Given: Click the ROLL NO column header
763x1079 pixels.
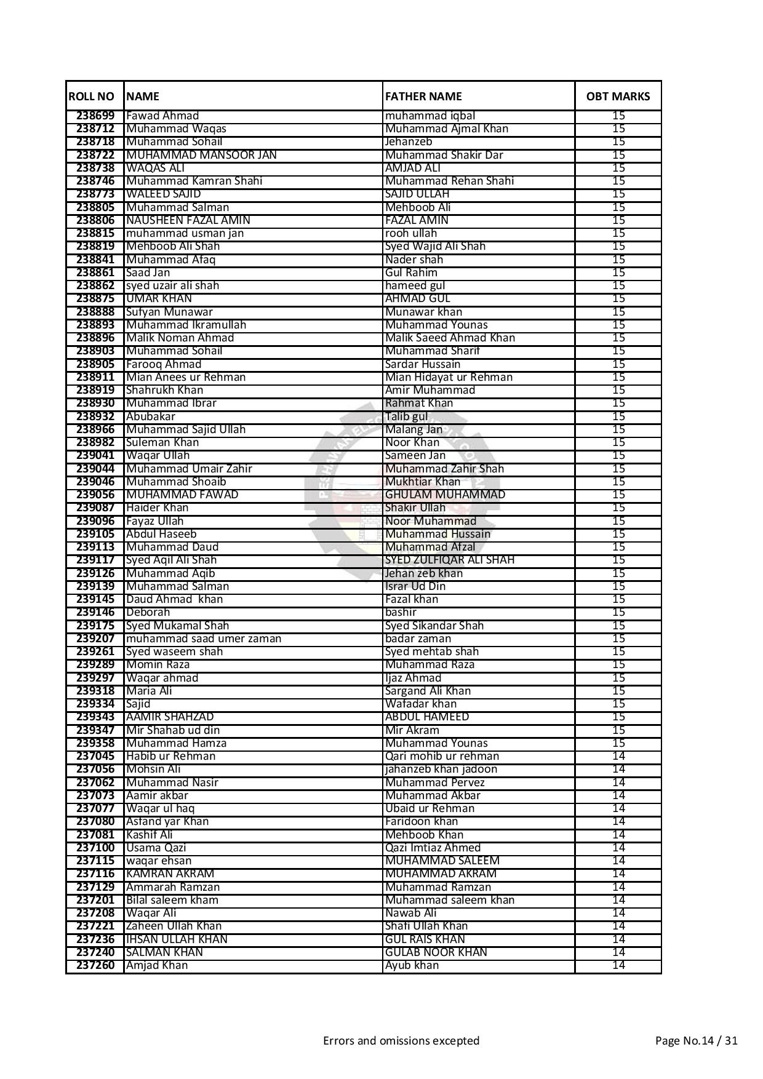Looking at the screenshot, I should pos(91,96).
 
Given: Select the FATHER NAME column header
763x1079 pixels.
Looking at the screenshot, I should pos(423,96).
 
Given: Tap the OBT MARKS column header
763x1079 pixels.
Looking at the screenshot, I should pos(618,96).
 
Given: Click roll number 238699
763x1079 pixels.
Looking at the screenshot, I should pos(95,116).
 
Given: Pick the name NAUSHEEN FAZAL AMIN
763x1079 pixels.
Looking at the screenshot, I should pos(188,220).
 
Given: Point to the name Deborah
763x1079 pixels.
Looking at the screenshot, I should pos(148,612).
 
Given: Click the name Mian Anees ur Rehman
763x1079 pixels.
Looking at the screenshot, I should pos(186,377).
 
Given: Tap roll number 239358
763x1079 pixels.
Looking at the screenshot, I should pos(95,743).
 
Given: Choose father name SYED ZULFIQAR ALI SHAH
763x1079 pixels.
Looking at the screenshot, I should pos(449,560).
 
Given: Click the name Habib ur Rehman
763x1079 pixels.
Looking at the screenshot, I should pos(170,756).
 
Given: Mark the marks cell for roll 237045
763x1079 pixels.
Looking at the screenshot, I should pos(618,756).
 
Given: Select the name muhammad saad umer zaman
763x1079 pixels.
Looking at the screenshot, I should pos(203,639).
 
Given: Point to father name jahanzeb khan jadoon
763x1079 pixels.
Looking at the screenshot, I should pos(441,769).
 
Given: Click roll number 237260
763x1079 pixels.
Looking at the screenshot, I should pos(95,965).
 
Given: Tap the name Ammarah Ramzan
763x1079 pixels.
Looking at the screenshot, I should pos(172,887).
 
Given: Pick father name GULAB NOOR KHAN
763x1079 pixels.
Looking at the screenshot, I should pos(436,952).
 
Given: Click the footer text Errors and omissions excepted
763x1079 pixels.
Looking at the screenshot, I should pos(401,1041).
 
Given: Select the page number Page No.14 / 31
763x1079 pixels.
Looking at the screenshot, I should pos(696,1041).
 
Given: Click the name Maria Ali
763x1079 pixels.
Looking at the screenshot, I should pos(149,691).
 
